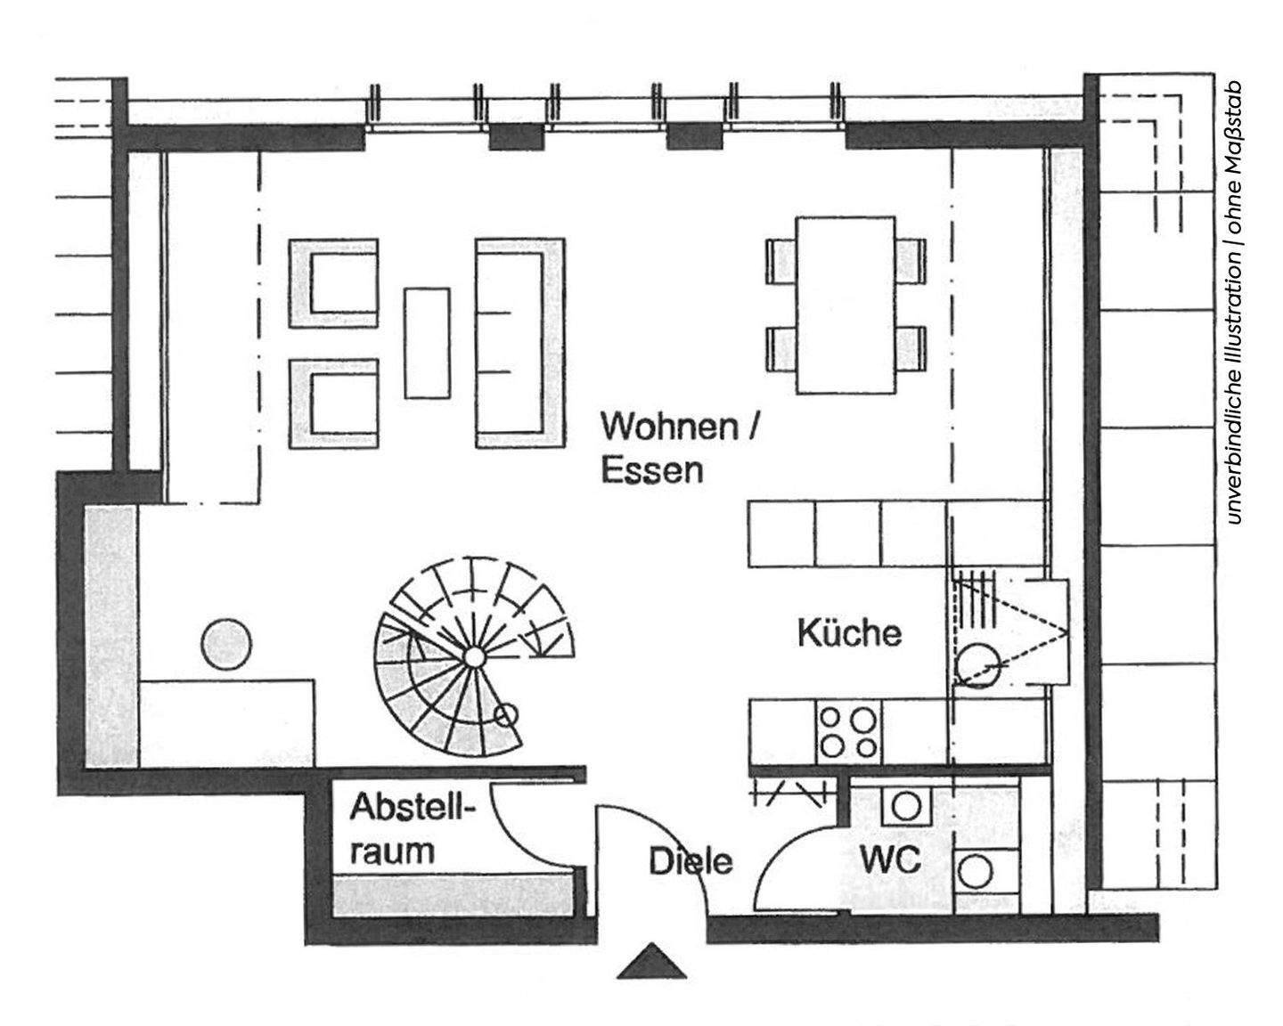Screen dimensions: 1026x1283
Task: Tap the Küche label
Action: point(848,633)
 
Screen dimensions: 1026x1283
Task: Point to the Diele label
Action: point(691,861)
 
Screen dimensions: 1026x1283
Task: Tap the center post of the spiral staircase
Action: point(474,657)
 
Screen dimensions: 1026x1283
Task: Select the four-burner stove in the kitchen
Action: point(846,731)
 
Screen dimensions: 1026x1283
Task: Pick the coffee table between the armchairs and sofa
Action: point(427,342)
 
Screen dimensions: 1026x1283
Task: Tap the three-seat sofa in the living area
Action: point(520,342)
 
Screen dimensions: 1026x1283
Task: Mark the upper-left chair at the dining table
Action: point(781,260)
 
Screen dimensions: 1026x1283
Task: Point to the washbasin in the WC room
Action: point(907,806)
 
